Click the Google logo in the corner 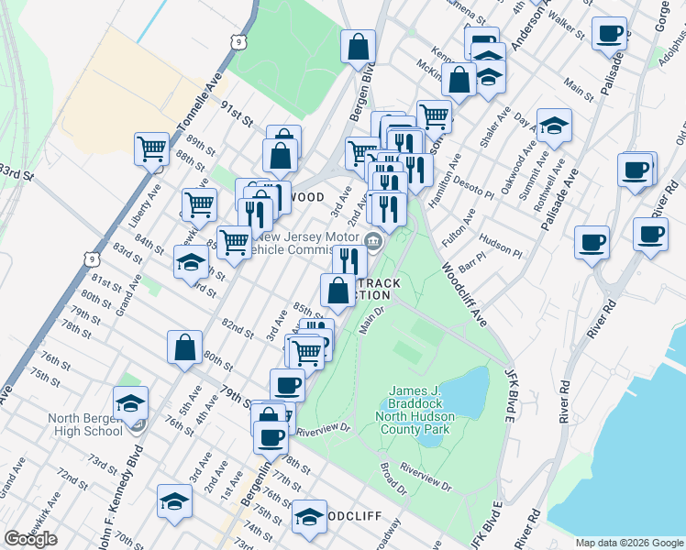(x=31, y=540)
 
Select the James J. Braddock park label (x=417, y=410)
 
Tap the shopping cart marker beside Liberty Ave (x=151, y=148)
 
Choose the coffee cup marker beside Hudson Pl (x=592, y=242)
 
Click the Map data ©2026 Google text (x=629, y=543)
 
